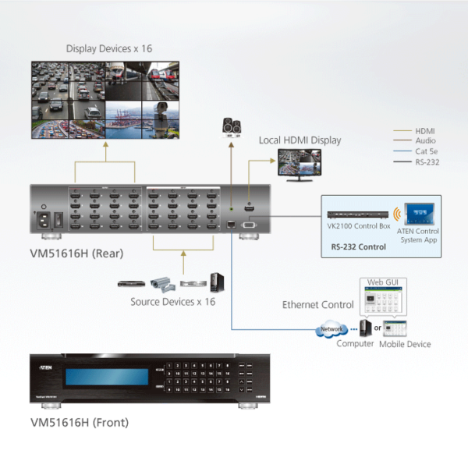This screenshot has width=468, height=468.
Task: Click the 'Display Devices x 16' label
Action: (x=109, y=48)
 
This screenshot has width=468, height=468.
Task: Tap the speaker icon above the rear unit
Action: (x=232, y=126)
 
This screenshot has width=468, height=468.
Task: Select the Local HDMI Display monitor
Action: (x=299, y=165)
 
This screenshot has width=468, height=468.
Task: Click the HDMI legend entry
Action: (x=425, y=131)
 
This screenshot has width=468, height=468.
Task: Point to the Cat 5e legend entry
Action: (x=426, y=151)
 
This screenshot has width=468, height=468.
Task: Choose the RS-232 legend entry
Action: (x=427, y=162)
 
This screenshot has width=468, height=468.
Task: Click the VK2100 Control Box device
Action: (x=357, y=214)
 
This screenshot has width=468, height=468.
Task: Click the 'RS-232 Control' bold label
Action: (x=358, y=246)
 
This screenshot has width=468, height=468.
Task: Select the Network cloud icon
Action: (x=331, y=330)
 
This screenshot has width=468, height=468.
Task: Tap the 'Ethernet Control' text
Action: (x=317, y=304)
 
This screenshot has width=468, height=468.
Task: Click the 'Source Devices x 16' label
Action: (x=172, y=301)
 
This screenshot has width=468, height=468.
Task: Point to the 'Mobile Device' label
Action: (x=405, y=344)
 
